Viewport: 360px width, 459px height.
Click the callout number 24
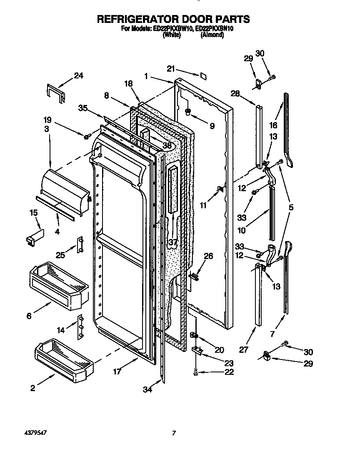tap(78, 75)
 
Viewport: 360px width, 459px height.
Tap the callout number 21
tap(171, 69)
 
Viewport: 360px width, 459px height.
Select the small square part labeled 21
tap(203, 75)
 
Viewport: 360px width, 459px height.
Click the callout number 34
tap(147, 389)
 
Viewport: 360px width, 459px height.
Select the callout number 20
tap(219, 349)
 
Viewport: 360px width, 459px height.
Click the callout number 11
tap(203, 205)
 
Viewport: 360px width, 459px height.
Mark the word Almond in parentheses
tap(212, 35)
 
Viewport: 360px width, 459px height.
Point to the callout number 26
tap(208, 256)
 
